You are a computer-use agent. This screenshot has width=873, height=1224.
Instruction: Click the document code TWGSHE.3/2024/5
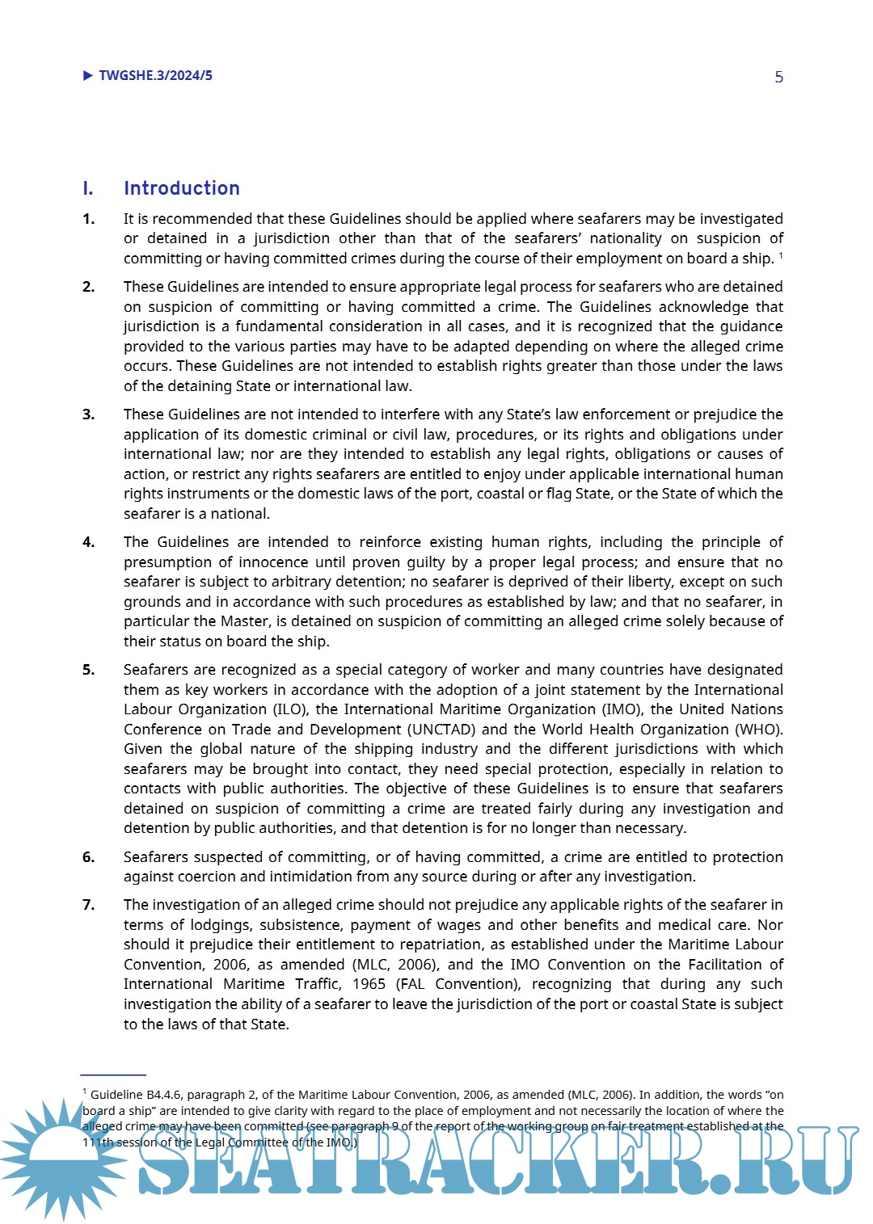(x=155, y=76)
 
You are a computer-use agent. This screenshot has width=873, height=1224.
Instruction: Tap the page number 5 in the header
(x=778, y=78)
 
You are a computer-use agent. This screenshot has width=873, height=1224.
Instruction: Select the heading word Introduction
(x=182, y=188)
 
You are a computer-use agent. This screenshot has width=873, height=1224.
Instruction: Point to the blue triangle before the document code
(x=88, y=76)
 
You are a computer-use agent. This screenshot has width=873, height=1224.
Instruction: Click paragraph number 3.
(x=88, y=414)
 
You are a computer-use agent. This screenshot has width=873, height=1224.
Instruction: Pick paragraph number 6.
(x=88, y=857)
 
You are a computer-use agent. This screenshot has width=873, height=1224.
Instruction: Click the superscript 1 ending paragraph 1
(x=781, y=255)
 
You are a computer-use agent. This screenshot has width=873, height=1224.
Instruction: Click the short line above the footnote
(x=113, y=1075)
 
